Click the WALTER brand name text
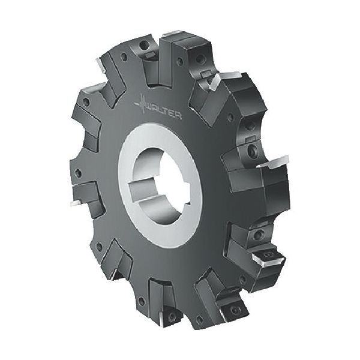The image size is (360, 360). tap(164, 112)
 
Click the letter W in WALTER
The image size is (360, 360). tap(149, 107)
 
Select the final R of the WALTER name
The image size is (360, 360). tap(179, 116)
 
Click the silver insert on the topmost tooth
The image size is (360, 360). tap(173, 34)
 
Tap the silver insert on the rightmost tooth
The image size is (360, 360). tap(273, 162)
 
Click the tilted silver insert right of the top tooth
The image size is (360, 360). tap(224, 79)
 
